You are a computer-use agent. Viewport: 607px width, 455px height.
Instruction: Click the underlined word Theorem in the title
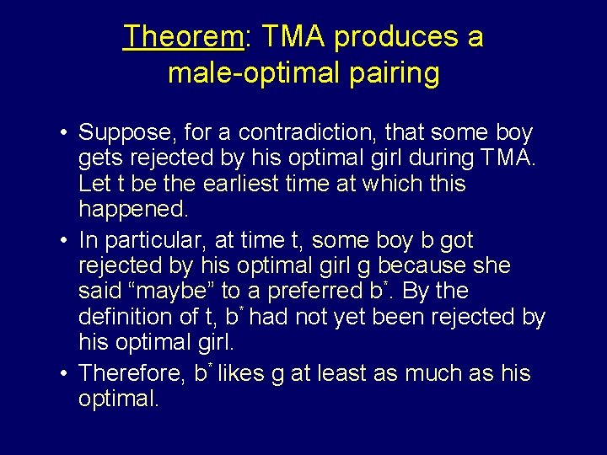[182, 37]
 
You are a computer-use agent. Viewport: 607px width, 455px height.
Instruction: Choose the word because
[415, 265]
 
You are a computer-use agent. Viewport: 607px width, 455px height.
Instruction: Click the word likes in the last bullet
[242, 373]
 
